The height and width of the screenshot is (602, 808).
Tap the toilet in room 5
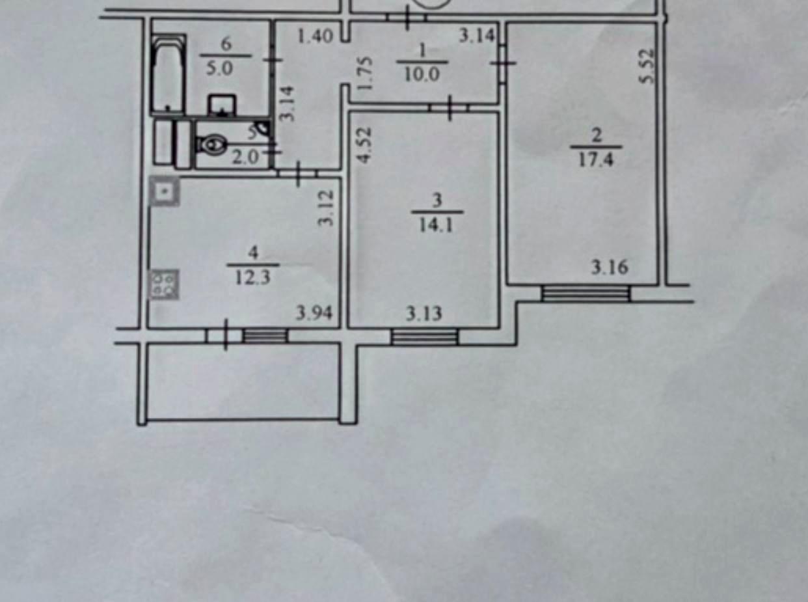212,144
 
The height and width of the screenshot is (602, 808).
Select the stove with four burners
165,284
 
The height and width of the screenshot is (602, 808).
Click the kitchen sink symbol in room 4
165,191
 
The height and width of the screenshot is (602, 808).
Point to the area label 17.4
596,159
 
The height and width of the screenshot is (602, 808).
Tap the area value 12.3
253,278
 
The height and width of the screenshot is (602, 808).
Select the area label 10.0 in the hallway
422,75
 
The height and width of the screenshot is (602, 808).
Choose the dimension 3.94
314,313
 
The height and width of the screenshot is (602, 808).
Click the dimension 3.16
610,267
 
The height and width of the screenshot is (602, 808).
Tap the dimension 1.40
315,36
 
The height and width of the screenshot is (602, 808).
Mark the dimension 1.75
366,73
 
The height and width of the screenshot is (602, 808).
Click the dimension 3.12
325,208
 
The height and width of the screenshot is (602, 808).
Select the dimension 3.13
424,314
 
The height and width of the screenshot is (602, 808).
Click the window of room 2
586,294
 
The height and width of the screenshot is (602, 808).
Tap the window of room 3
425,336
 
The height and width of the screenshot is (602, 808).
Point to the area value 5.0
219,68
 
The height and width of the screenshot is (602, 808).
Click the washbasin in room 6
222,105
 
